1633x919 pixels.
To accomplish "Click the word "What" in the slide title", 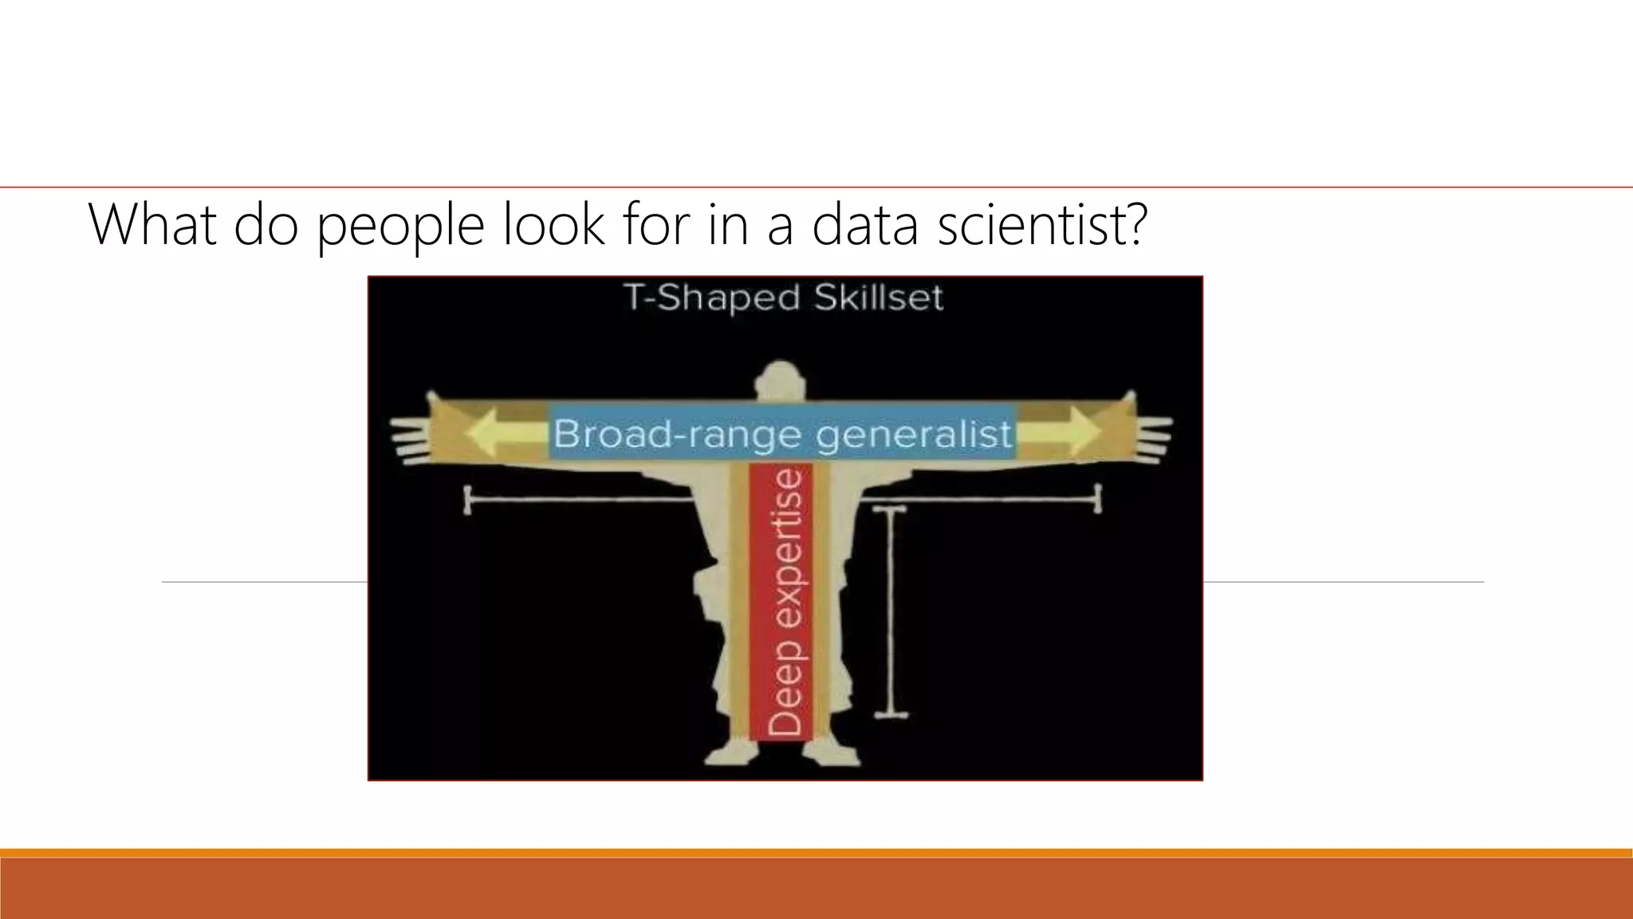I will [x=152, y=224].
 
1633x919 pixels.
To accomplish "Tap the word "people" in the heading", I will [x=399, y=226].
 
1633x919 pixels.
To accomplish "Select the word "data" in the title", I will [x=865, y=224].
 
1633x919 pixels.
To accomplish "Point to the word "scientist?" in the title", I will [x=1042, y=224].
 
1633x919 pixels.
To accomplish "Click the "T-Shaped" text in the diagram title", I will [x=711, y=298].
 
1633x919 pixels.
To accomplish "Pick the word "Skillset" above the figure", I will [x=878, y=298].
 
